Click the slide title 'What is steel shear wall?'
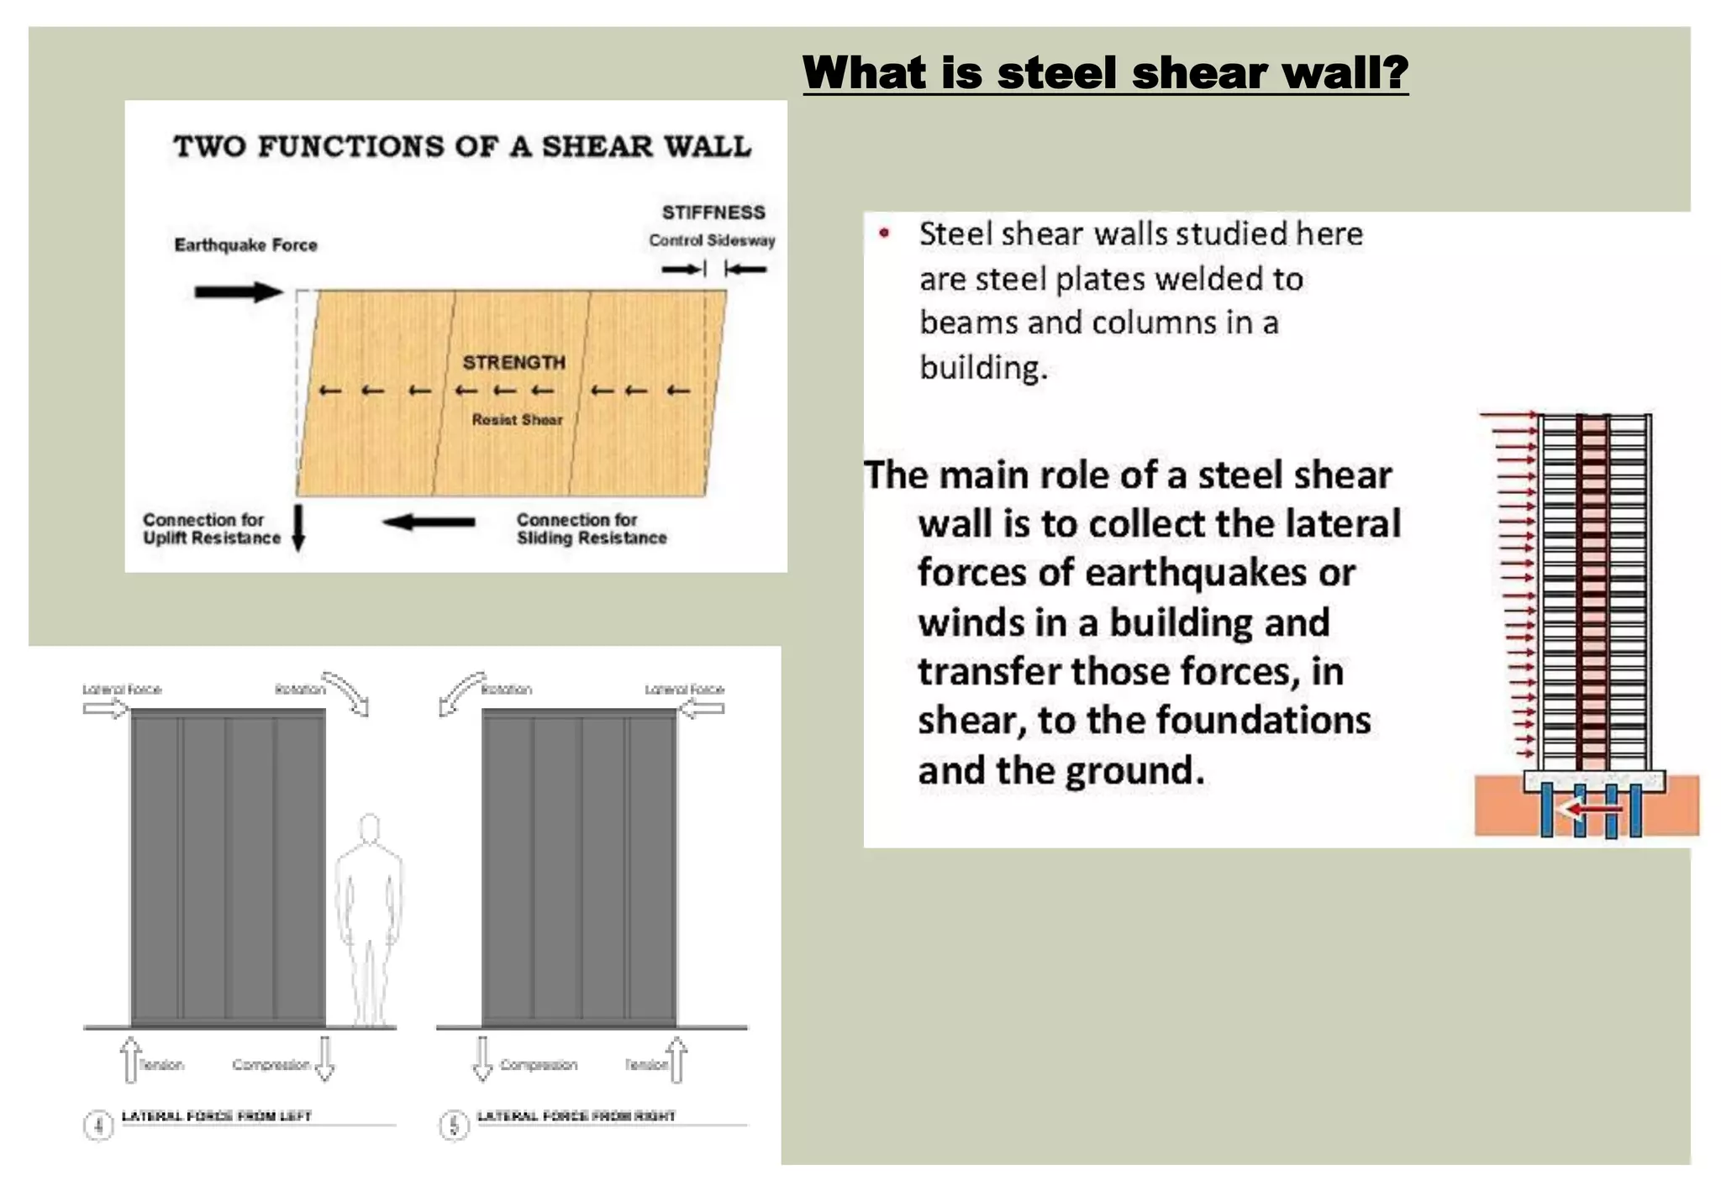point(1105,72)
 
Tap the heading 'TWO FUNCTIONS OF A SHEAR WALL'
point(462,146)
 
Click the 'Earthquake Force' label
point(245,245)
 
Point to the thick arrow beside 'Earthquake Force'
point(239,292)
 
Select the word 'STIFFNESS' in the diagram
point(713,212)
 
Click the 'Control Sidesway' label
point(712,241)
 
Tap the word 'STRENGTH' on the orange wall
point(513,363)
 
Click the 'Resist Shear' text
point(517,420)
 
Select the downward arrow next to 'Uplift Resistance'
point(298,527)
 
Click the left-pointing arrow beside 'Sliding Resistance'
point(429,522)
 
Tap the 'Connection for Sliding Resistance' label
point(591,529)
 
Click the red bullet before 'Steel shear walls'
point(884,233)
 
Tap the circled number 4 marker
point(98,1125)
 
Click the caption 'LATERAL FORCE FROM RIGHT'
point(576,1116)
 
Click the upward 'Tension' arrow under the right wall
point(677,1059)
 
